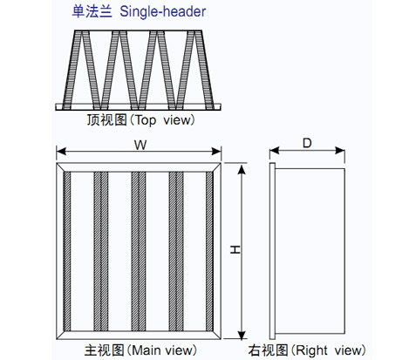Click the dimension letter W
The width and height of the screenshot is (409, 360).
[x=140, y=145]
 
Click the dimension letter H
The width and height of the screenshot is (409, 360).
[x=235, y=249]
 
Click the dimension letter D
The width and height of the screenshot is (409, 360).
[x=307, y=143]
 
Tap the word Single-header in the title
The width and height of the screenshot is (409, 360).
[x=163, y=11]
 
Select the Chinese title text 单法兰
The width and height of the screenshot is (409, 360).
[x=92, y=11]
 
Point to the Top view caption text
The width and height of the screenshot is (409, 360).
[x=140, y=119]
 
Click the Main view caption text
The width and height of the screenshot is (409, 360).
[x=140, y=350]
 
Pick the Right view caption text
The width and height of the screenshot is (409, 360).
[x=307, y=350]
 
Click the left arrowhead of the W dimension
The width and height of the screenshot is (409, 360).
[x=61, y=152]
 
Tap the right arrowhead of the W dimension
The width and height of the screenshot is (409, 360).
[x=216, y=152]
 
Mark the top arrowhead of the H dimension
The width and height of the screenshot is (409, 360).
[x=242, y=168]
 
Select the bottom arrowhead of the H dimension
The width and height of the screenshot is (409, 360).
[x=242, y=334]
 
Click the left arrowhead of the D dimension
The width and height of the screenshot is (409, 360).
[x=274, y=151]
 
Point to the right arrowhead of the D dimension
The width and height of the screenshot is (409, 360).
[x=340, y=151]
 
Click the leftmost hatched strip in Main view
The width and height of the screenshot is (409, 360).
[x=67, y=251]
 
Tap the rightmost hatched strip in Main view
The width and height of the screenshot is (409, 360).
[x=209, y=251]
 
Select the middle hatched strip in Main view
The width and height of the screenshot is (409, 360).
[x=139, y=251]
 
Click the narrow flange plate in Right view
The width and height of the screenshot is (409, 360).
[x=272, y=251]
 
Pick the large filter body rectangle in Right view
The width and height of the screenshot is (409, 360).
[x=310, y=251]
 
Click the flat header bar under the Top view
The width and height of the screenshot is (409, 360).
[x=139, y=106]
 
